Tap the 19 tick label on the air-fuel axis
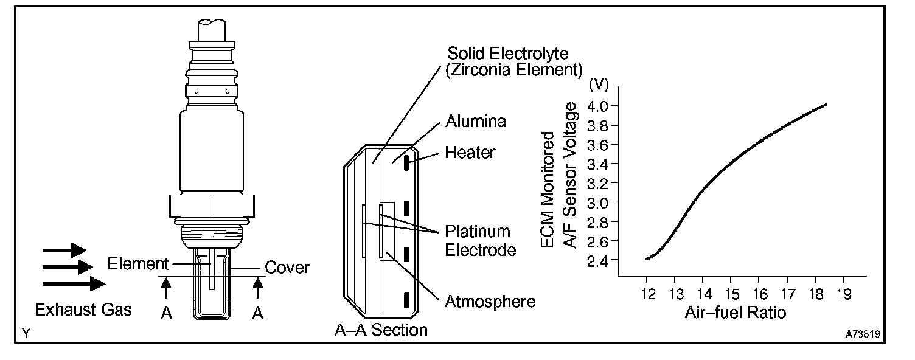(x=843, y=294)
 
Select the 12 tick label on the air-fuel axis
(x=648, y=294)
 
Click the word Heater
(x=470, y=152)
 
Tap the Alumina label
(x=476, y=121)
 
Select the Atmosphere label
(x=490, y=301)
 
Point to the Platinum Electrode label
(x=478, y=241)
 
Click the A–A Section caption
(x=381, y=330)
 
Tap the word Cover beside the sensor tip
(x=288, y=267)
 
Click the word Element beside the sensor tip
(x=137, y=264)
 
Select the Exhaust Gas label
(x=83, y=310)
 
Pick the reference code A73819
(x=865, y=334)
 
